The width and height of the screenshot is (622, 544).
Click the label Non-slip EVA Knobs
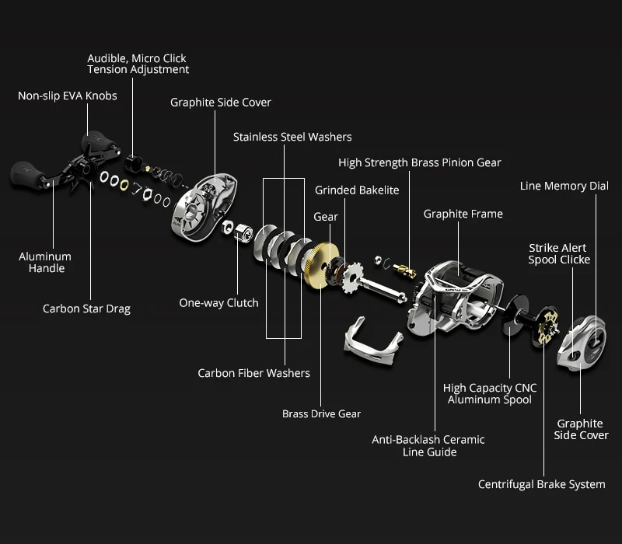(68, 96)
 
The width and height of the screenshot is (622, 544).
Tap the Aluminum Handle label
(45, 263)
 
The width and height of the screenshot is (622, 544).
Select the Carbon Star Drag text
(86, 309)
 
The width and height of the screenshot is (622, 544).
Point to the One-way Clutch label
(219, 303)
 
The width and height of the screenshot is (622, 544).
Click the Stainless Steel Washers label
(292, 138)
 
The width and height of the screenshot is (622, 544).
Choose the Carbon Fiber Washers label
(253, 374)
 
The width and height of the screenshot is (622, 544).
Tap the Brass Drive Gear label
(321, 414)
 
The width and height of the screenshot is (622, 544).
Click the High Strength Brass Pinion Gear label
(420, 163)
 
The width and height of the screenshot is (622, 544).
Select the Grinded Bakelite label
(357, 190)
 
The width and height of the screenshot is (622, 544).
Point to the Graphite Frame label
(463, 214)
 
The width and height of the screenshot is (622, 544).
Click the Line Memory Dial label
(564, 187)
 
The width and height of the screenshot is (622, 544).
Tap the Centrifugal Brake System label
(541, 485)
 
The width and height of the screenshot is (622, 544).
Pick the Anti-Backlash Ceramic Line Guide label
(428, 446)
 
